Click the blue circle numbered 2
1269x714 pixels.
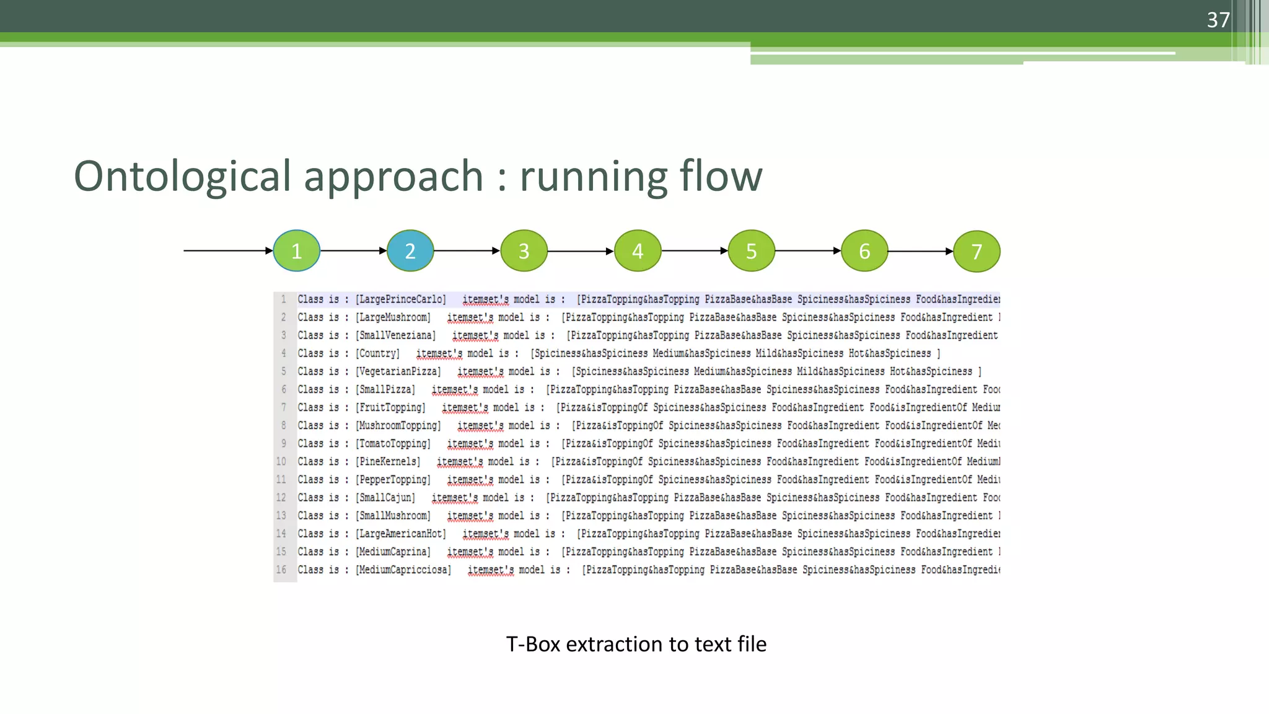410,251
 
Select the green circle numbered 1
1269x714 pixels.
297,251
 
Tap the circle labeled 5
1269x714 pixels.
751,251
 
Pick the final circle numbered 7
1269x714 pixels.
977,252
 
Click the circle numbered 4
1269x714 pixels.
638,251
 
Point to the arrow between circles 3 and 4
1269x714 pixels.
581,251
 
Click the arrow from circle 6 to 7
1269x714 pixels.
921,251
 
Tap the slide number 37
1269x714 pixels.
1218,20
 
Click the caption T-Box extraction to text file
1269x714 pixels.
636,644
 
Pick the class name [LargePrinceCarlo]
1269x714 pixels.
401,299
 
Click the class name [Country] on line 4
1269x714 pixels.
378,353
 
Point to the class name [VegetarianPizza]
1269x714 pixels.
398,371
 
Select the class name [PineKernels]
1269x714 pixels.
388,462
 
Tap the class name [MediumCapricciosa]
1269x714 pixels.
403,570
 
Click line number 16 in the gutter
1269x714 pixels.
281,570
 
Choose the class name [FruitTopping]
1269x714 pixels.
390,407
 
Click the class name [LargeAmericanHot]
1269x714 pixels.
401,534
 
